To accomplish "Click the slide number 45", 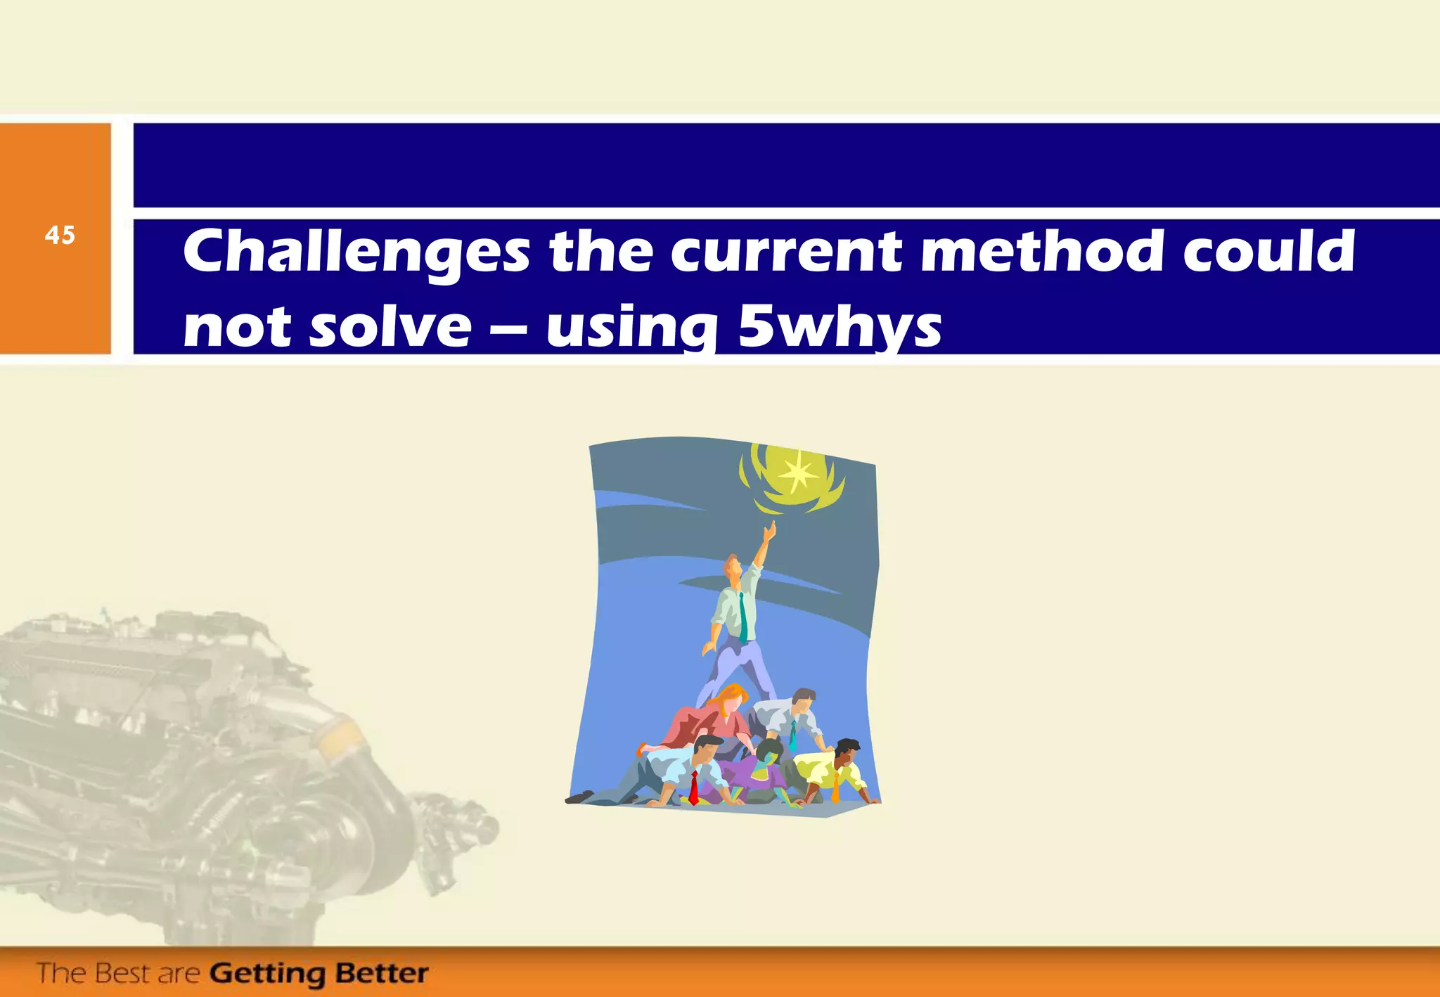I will [60, 235].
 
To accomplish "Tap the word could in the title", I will [1269, 251].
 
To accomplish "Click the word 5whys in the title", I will [840, 328].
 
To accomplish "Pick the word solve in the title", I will [391, 328].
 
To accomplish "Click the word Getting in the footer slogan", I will [267, 974].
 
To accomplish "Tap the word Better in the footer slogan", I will [382, 973].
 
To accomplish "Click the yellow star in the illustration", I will [797, 475].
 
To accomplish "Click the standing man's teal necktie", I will [742, 619].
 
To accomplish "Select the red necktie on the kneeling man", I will [693, 787].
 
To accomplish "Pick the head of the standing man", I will [733, 567].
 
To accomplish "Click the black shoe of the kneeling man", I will [579, 797].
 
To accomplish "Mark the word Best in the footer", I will [124, 974].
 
